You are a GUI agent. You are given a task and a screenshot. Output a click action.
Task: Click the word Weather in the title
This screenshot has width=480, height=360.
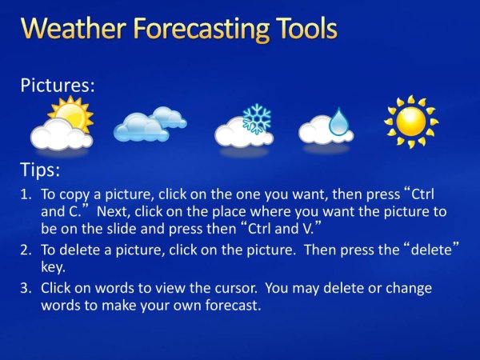pos(68,29)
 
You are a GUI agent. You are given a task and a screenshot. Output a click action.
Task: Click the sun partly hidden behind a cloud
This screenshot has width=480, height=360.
pos(70,114)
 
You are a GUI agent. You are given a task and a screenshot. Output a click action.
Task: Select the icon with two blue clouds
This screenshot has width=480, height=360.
pos(150,123)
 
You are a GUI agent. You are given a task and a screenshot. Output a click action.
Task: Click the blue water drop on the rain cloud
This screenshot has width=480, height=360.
pos(339,122)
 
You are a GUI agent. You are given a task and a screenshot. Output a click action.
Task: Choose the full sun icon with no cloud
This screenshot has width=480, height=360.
pos(410,121)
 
